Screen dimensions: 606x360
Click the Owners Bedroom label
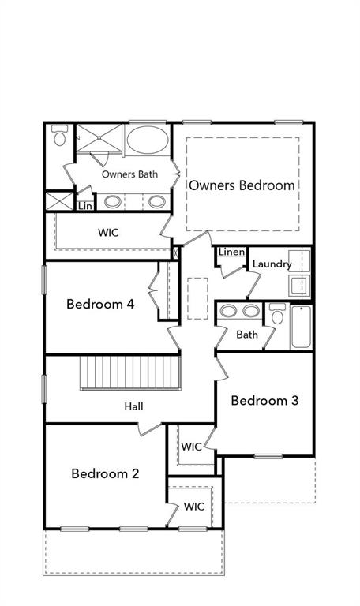point(242,185)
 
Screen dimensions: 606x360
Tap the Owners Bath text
point(129,174)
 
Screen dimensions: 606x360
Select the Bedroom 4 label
point(99,304)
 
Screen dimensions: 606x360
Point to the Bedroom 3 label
point(264,401)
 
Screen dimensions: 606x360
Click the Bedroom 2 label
point(105,473)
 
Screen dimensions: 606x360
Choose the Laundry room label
point(272,264)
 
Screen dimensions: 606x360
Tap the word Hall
point(133,406)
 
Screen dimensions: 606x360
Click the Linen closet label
point(231,252)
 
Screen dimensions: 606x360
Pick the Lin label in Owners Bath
point(85,206)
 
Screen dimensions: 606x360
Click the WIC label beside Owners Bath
point(109,233)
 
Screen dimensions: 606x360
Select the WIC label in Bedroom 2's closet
point(194,507)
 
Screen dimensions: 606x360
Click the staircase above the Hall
point(131,372)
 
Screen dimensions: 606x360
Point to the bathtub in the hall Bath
point(301,327)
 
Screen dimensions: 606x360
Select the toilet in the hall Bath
point(276,316)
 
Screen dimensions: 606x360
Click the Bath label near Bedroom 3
point(247,335)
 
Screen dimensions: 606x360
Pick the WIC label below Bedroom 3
point(192,447)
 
